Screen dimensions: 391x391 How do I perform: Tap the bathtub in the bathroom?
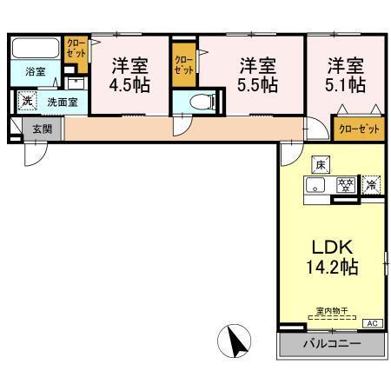[x=36, y=49]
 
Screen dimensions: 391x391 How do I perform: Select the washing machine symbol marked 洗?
[x=27, y=102]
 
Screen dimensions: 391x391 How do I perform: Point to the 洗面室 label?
[x=63, y=102]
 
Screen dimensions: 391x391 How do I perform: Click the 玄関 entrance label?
[x=42, y=129]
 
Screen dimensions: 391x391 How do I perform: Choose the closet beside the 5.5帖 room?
[x=184, y=65]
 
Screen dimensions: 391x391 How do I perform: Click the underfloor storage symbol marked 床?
[x=319, y=164]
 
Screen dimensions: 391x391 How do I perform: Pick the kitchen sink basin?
[x=318, y=185]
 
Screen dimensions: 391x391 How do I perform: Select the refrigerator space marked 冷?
[x=371, y=184]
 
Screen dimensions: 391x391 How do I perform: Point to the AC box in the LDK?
[x=371, y=323]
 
